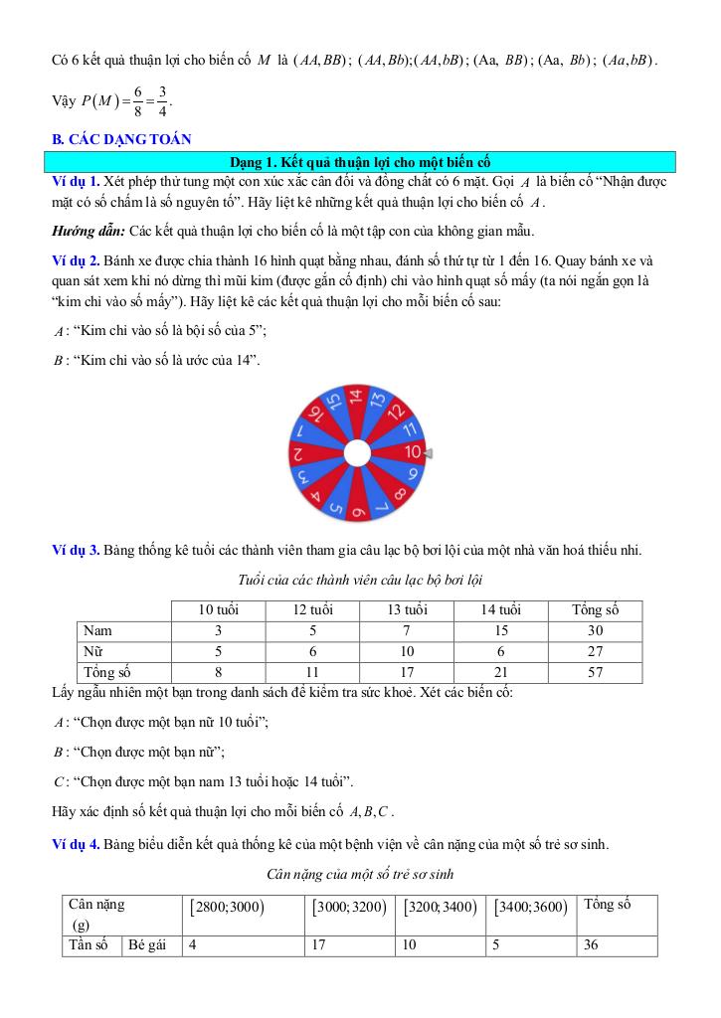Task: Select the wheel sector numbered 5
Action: click(334, 503)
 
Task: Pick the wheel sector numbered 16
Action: click(313, 413)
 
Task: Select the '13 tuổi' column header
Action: click(407, 609)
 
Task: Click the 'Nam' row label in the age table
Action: click(98, 630)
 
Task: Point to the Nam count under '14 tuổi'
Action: click(501, 630)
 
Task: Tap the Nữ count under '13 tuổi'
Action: click(407, 651)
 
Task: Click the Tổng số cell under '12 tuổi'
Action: click(312, 672)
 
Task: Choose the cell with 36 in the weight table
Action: click(592, 945)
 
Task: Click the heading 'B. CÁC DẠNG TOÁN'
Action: click(121, 140)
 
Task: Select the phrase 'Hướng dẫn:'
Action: click(88, 232)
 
